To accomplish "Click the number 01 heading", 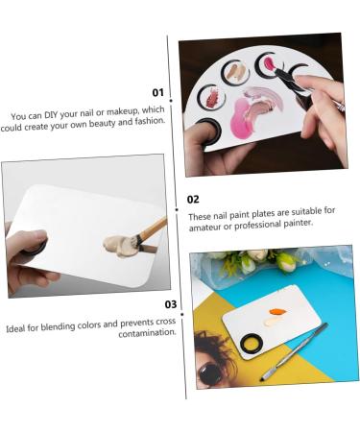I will pos(157,92).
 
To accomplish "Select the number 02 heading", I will pos(193,200).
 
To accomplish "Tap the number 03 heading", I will pos(170,304).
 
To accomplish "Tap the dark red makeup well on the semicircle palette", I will pos(210,97).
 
